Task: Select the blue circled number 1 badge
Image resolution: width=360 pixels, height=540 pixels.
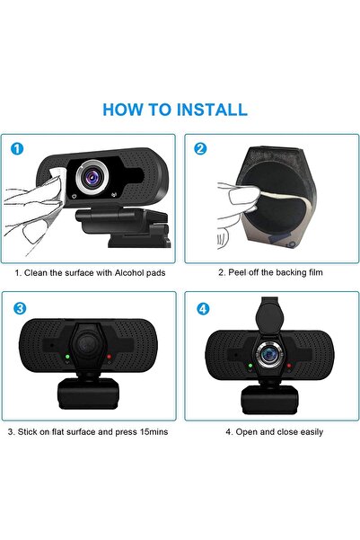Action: click(x=19, y=148)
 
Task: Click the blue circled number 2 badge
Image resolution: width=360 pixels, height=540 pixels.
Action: click(x=200, y=148)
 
